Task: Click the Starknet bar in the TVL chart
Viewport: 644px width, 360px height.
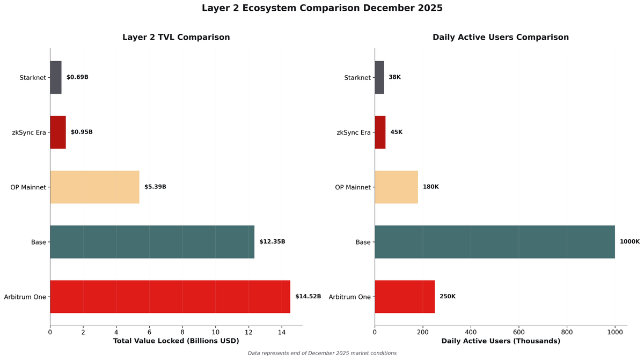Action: coord(56,77)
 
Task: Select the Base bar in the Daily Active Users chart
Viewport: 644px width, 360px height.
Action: coord(494,242)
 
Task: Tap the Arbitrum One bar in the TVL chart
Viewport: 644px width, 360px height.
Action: coord(170,297)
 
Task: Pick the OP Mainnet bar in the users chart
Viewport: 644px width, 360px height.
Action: coord(396,187)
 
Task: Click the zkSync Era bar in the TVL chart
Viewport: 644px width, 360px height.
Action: coord(58,132)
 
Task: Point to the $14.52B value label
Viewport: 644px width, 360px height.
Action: coord(308,297)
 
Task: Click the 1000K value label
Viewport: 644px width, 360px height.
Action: coord(630,242)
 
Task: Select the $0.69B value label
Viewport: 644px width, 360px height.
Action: coord(77,77)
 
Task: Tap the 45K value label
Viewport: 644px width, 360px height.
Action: coord(396,132)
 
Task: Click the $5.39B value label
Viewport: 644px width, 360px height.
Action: coord(155,187)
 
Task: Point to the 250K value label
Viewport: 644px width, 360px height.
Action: coord(447,297)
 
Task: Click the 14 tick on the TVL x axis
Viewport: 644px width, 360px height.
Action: coord(282,332)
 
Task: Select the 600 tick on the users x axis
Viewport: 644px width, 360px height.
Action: coord(519,332)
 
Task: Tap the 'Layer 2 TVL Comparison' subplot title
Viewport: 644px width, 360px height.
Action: coord(176,38)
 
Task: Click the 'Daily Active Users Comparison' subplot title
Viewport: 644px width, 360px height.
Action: coord(501,38)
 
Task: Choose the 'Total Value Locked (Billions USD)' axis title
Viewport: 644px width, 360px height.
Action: coord(176,341)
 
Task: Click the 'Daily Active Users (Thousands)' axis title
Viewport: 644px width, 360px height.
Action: coord(501,341)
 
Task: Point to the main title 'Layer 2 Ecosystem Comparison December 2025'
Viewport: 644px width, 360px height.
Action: coord(322,8)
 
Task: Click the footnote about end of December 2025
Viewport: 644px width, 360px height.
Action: coord(322,353)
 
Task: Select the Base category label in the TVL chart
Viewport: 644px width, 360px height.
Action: coord(38,242)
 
